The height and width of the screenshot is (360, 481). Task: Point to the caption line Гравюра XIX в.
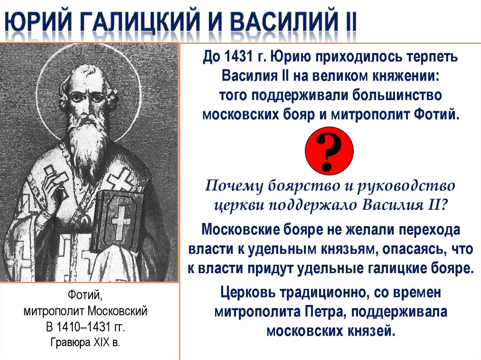click(x=85, y=342)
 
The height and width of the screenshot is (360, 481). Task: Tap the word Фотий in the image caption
click(x=85, y=295)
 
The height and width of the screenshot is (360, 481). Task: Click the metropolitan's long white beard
click(x=86, y=136)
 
